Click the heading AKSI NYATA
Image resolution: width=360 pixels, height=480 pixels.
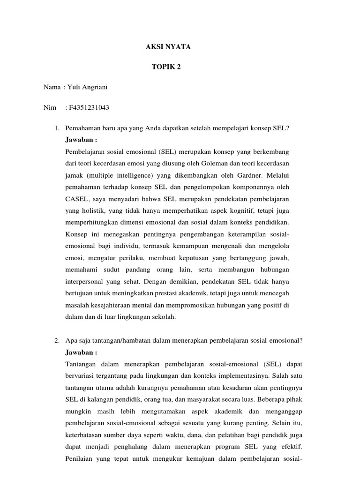click(x=165, y=47)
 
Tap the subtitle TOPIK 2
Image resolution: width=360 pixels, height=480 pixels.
click(x=165, y=67)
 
